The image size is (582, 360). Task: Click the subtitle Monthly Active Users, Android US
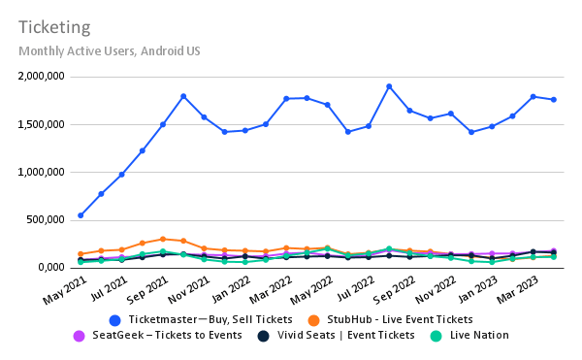click(x=109, y=50)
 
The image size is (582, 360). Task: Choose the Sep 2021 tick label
click(x=146, y=288)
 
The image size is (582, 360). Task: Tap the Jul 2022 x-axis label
click(x=352, y=288)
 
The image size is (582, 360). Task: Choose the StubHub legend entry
click(x=393, y=319)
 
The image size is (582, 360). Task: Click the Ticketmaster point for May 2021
click(x=81, y=215)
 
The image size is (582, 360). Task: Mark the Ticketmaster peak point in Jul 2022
click(x=389, y=86)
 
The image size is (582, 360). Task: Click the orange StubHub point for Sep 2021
click(x=163, y=239)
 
